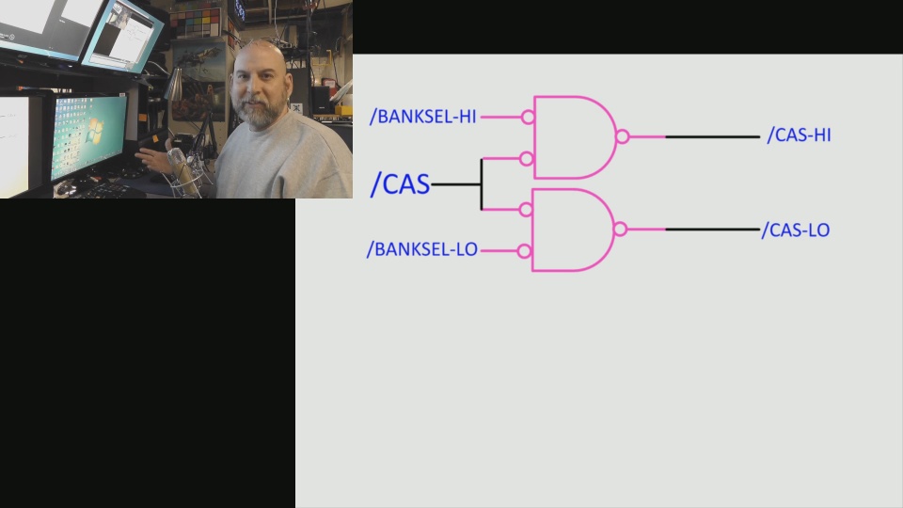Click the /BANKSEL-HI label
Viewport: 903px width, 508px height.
pyautogui.click(x=423, y=117)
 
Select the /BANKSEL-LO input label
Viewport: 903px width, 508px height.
pyautogui.click(x=422, y=250)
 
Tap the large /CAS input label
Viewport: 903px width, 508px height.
pyautogui.click(x=400, y=184)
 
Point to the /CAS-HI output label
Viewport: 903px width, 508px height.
pyautogui.click(x=799, y=135)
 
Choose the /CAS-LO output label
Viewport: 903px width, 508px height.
pyautogui.click(x=796, y=230)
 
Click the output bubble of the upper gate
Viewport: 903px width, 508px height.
pyautogui.click(x=622, y=136)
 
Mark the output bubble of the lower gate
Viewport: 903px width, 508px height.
pyautogui.click(x=620, y=229)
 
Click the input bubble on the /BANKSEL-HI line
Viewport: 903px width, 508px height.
pyautogui.click(x=528, y=118)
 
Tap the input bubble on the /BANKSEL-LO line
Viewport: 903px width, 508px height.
pyautogui.click(x=525, y=251)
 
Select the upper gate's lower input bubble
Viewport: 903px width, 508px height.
pyautogui.click(x=528, y=159)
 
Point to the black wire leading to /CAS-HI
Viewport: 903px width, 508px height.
pyautogui.click(x=712, y=136)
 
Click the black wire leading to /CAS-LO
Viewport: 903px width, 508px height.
pyautogui.click(x=712, y=230)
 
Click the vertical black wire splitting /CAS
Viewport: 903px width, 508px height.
pyautogui.click(x=482, y=184)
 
